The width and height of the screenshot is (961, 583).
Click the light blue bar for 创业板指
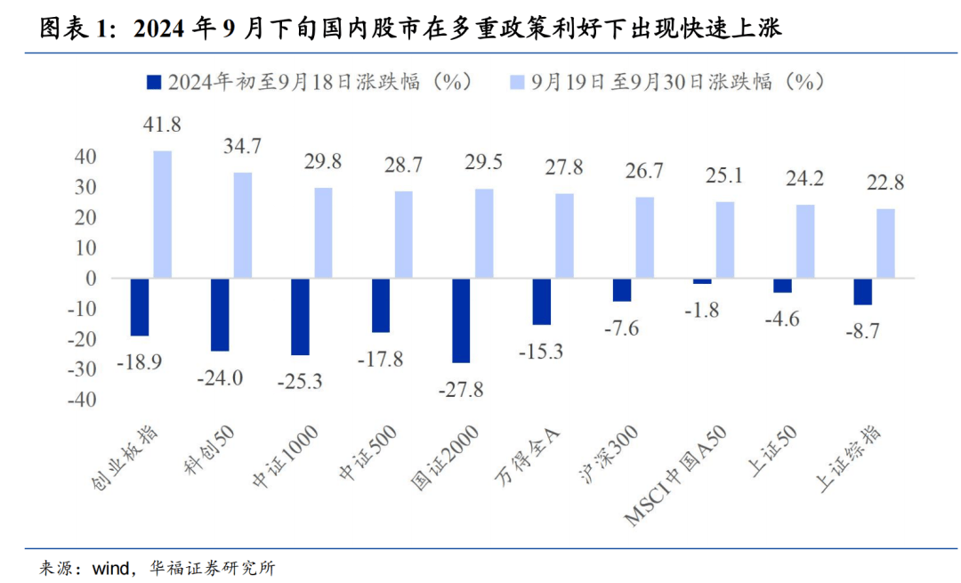coord(162,215)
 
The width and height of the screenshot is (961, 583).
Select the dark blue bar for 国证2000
coord(461,320)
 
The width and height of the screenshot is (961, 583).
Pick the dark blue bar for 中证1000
coord(300,317)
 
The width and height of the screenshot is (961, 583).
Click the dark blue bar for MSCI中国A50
coord(702,281)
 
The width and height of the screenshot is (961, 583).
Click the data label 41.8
coord(162,126)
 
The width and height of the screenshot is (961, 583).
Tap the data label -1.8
coord(702,310)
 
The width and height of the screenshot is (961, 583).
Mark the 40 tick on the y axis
coord(85,157)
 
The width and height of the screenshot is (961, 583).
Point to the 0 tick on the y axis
coord(91,279)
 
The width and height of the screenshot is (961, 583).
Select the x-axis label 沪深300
coord(605,455)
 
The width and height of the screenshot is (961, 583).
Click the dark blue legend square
coord(152,82)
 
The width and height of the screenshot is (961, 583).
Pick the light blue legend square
coord(516,82)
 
